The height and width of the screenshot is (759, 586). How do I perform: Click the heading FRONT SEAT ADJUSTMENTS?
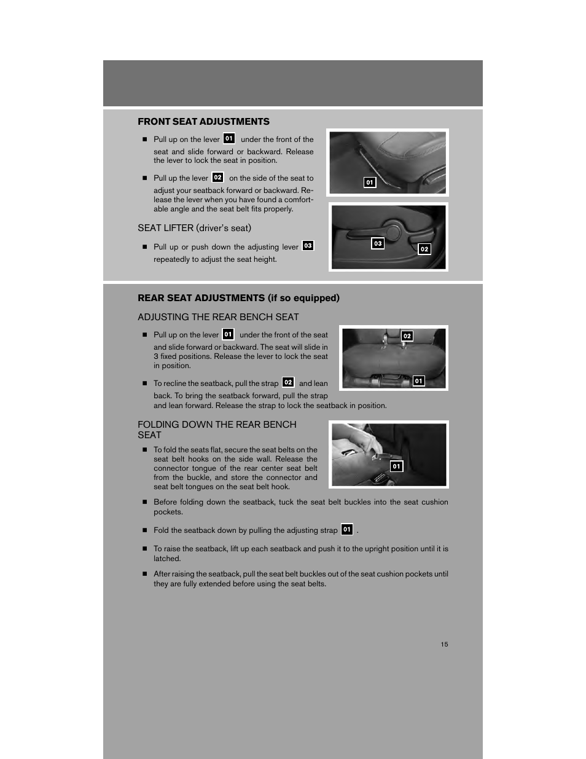[x=203, y=122]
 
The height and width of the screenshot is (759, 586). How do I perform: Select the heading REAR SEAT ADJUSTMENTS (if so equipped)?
[x=238, y=298]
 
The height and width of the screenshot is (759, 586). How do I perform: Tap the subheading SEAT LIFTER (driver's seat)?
[x=194, y=228]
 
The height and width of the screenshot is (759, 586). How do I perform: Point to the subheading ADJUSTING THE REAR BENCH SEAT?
[x=218, y=317]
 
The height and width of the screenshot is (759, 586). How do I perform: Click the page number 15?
[x=444, y=644]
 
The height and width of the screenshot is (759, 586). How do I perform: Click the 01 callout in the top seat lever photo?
[x=370, y=183]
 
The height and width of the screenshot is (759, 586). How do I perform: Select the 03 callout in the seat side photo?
[x=378, y=243]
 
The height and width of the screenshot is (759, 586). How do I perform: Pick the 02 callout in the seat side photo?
[x=424, y=249]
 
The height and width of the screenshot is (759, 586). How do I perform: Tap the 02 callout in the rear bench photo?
[x=407, y=336]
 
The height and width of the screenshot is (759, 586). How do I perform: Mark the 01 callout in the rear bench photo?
[x=418, y=381]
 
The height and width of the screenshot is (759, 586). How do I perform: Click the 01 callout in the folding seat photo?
[x=396, y=466]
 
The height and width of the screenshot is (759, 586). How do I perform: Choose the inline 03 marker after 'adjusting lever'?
[x=308, y=246]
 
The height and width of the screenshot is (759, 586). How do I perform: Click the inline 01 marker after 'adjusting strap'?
[x=347, y=529]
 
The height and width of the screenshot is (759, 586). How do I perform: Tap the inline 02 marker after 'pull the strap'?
[x=288, y=382]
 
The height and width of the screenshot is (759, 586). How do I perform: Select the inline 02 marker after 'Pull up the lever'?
[x=217, y=177]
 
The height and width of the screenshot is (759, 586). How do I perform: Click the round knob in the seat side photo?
[x=393, y=231]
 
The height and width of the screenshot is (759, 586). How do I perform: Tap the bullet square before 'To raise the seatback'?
[x=146, y=549]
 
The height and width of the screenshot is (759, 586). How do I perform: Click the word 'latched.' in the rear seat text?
[x=167, y=559]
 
